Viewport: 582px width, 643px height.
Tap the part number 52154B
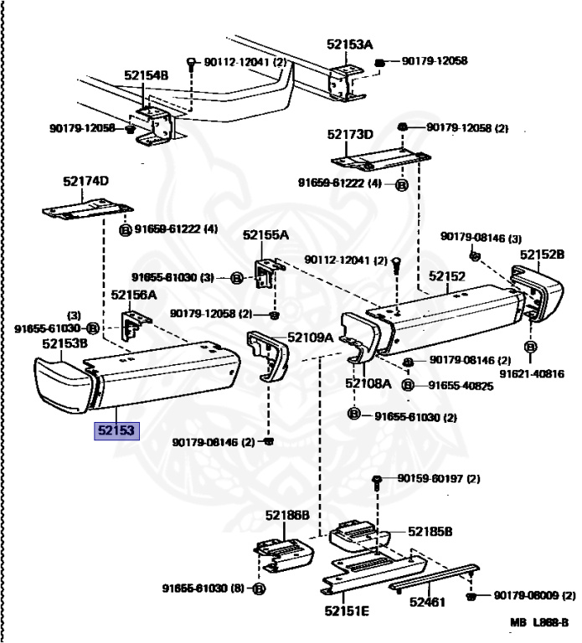[x=147, y=75]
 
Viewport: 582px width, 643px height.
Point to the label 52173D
[x=350, y=134]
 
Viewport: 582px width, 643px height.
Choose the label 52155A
[x=265, y=236]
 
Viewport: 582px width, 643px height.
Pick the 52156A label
[x=134, y=295]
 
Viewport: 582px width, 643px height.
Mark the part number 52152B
[x=542, y=254]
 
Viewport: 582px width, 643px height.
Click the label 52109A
[x=311, y=337]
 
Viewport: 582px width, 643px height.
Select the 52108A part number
[x=368, y=384]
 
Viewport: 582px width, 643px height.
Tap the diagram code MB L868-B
[x=541, y=623]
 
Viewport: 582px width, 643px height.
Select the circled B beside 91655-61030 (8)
[x=258, y=589]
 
